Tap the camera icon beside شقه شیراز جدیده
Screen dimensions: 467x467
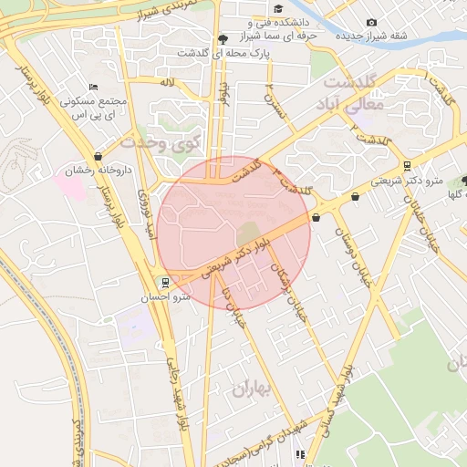370,22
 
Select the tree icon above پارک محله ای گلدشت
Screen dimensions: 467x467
223,38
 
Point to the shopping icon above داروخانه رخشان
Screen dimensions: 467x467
97,155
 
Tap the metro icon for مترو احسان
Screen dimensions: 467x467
165,282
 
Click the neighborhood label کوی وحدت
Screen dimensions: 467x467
160,143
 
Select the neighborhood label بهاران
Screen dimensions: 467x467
253,389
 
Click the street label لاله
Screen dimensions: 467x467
166,82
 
